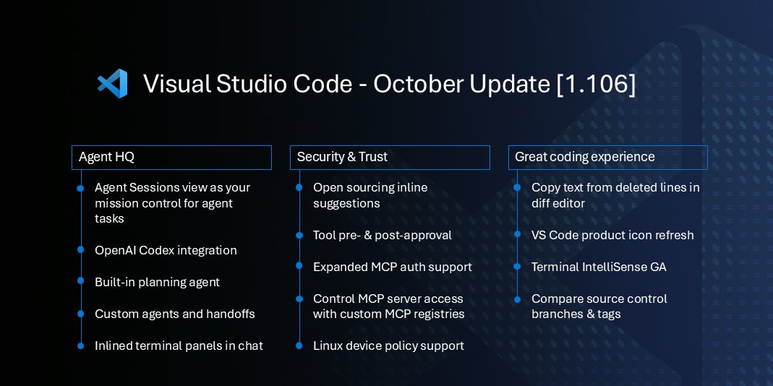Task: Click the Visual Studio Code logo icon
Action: (113, 84)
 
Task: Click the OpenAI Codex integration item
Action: (166, 250)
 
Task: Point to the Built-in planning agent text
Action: (157, 282)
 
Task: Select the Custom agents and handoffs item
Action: (174, 314)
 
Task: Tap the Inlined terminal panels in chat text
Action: (179, 346)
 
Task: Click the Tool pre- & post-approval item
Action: (382, 235)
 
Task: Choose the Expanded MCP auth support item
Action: (392, 267)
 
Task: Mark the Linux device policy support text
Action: (388, 346)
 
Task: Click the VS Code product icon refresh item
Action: (612, 235)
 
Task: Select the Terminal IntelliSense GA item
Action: (599, 267)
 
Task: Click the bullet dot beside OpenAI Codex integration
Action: (80, 250)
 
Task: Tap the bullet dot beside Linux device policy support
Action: (299, 346)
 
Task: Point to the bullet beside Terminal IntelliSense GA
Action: (517, 267)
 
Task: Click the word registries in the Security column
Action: (439, 314)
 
